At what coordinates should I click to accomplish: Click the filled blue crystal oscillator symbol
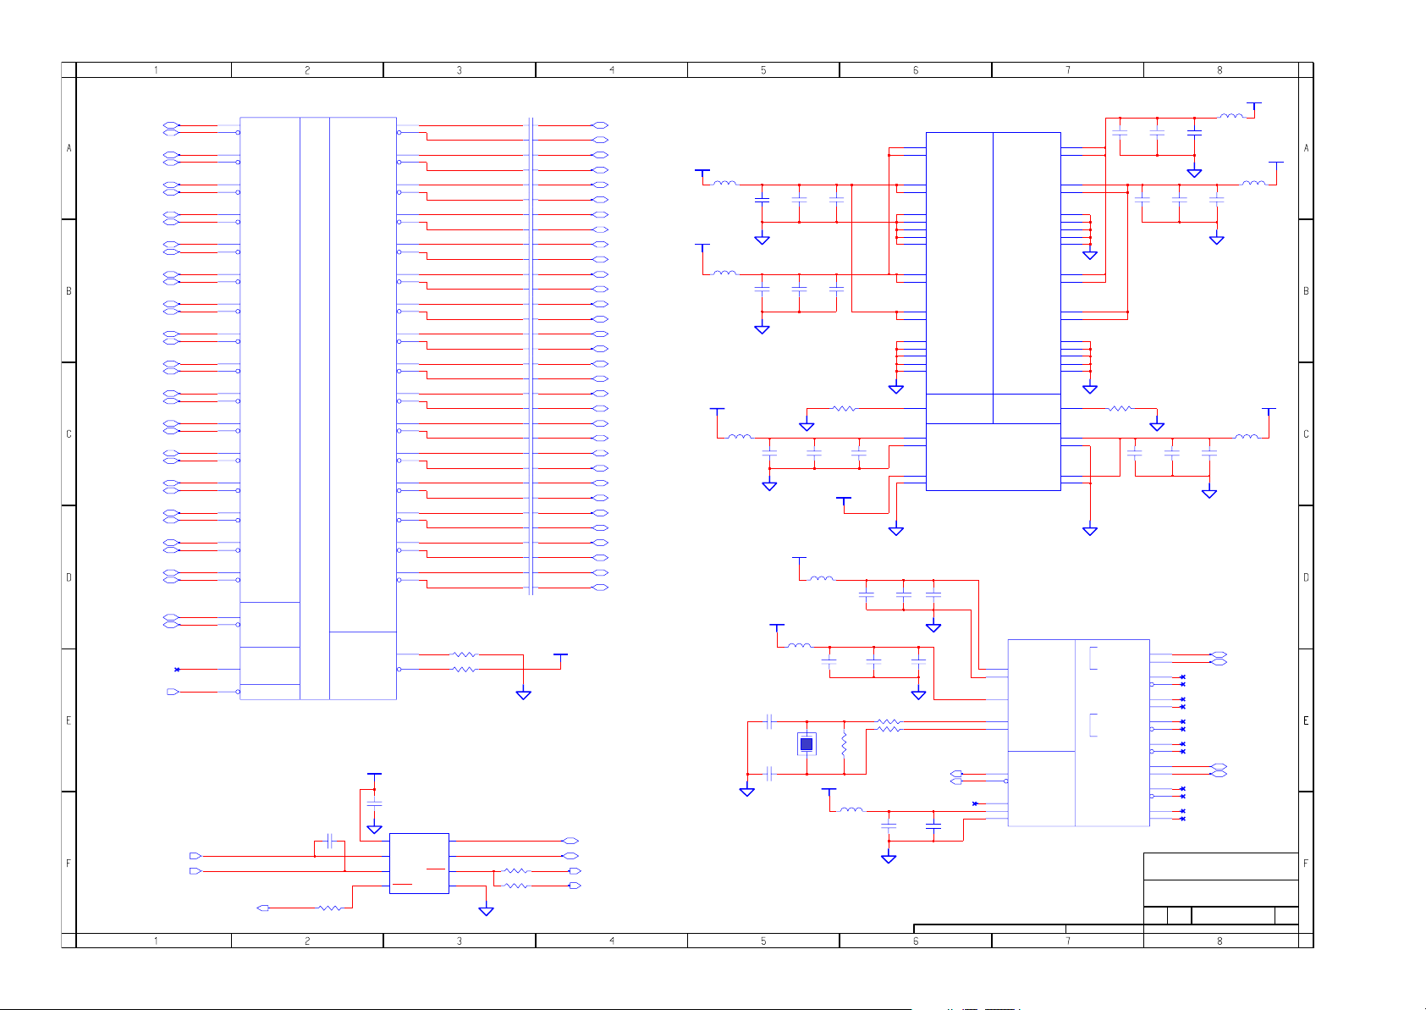pos(807,744)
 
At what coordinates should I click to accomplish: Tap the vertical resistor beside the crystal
pos(844,745)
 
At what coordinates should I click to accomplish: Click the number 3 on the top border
pos(460,70)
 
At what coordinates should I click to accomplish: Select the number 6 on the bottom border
pos(916,941)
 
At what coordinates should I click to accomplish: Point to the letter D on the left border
pos(69,577)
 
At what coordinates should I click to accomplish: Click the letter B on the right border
pos(1306,291)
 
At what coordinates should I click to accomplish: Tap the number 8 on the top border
pos(1220,70)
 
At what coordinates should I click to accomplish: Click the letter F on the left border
pos(69,864)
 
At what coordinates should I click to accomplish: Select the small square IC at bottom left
pos(419,864)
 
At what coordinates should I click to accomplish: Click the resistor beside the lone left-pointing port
pos(329,908)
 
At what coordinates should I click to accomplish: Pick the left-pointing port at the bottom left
pos(263,908)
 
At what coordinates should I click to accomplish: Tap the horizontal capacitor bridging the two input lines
pos(330,841)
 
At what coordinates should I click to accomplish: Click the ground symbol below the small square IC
pos(486,911)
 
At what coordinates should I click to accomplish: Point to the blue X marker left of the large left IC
pos(177,670)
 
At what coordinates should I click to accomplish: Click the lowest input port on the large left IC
pos(173,693)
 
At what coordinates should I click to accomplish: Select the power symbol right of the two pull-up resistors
pos(560,655)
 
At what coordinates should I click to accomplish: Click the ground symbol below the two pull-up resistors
pos(524,694)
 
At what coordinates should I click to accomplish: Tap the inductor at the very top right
pos(1231,117)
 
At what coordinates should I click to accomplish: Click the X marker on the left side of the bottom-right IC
pos(975,803)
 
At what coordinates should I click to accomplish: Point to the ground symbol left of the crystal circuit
pos(747,792)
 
